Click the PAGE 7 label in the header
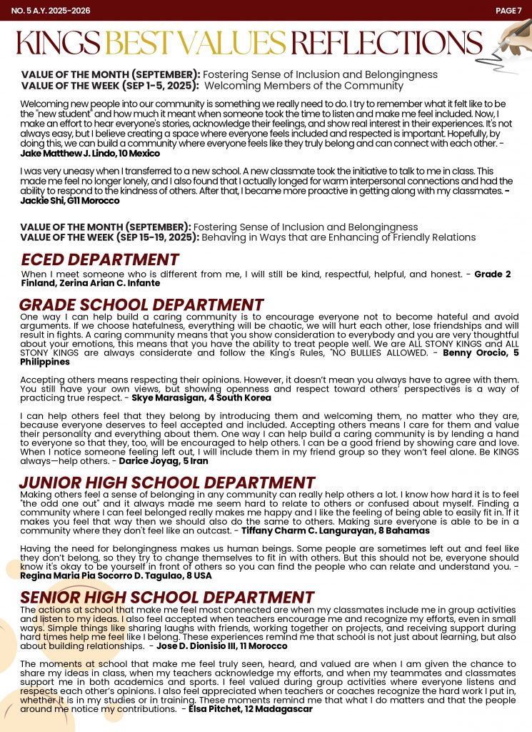tap(508, 11)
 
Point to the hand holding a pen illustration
tap(513, 40)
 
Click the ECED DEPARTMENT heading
tap(100, 259)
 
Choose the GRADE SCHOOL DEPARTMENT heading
tap(141, 305)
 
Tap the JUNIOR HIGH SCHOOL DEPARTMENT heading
tap(167, 483)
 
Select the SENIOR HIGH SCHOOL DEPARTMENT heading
tap(167, 598)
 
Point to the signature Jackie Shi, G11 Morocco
tap(70, 201)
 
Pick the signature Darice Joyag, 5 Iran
tap(164, 461)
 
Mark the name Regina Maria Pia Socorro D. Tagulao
tap(100, 575)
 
